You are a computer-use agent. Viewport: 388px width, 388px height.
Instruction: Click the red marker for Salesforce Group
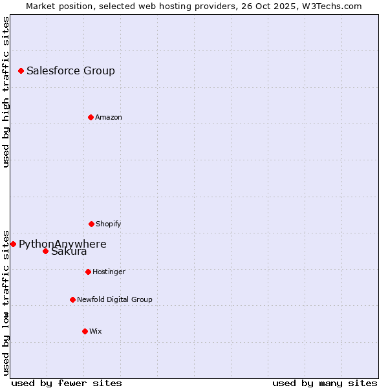[21, 70]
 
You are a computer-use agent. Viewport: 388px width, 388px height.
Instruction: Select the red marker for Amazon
[91, 117]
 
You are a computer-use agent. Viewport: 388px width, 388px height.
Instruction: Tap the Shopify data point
[91, 224]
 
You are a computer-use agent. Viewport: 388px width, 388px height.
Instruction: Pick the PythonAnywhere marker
[13, 244]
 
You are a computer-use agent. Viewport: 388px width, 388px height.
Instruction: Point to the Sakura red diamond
[45, 251]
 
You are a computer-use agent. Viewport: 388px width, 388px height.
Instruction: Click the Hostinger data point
[88, 272]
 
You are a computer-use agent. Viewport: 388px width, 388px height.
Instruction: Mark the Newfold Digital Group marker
[72, 299]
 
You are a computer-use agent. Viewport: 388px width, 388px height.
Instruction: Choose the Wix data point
[85, 331]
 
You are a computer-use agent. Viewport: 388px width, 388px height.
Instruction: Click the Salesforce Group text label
[70, 71]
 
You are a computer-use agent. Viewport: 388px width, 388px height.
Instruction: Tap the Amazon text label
[109, 118]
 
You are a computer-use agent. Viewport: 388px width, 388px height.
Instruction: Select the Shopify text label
[109, 224]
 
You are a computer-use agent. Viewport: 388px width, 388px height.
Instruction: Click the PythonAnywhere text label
[62, 244]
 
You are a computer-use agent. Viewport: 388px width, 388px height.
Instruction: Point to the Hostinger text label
[109, 272]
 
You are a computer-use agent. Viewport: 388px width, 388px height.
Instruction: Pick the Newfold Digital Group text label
[114, 300]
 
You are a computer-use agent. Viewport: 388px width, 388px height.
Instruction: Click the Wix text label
[96, 332]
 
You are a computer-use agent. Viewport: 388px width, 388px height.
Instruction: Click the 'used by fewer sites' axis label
[67, 383]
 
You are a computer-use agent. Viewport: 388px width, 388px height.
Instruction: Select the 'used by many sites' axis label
[325, 383]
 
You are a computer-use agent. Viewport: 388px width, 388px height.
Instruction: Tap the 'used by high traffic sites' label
[6, 92]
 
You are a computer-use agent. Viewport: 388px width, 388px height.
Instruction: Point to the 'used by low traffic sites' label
[6, 302]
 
